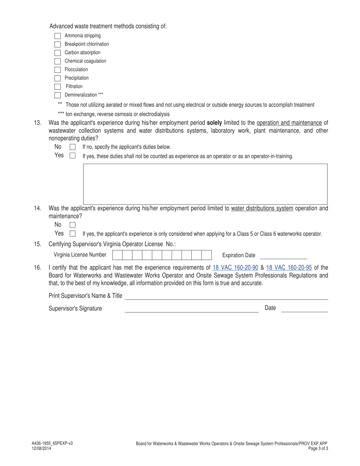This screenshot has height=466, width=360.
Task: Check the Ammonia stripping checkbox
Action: pyautogui.click(x=58, y=36)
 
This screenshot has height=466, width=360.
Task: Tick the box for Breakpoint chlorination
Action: pyautogui.click(x=58, y=44)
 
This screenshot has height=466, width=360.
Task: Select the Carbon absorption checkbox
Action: pyautogui.click(x=58, y=53)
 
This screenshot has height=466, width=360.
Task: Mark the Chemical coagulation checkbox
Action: pyautogui.click(x=58, y=61)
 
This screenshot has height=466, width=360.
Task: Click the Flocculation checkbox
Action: pyautogui.click(x=58, y=70)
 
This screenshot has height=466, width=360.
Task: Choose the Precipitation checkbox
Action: pyautogui.click(x=58, y=78)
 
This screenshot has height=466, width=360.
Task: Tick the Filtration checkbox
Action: pyautogui.click(x=58, y=87)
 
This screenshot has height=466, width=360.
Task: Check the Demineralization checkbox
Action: pyautogui.click(x=58, y=95)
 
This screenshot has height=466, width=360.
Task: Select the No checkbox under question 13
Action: pyautogui.click(x=73, y=147)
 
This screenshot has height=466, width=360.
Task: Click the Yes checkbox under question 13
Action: pyautogui.click(x=73, y=156)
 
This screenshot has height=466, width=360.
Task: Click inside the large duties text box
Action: pyautogui.click(x=205, y=184)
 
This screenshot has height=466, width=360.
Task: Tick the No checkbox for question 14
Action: pyautogui.click(x=73, y=225)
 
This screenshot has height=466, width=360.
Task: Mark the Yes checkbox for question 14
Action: pyautogui.click(x=73, y=234)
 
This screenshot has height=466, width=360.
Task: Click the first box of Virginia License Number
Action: pyautogui.click(x=117, y=255)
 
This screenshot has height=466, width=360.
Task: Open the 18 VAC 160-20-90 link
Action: pyautogui.click(x=235, y=268)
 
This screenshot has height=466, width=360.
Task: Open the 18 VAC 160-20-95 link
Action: pyautogui.click(x=289, y=268)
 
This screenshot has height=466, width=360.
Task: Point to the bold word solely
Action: pyautogui.click(x=214, y=123)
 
